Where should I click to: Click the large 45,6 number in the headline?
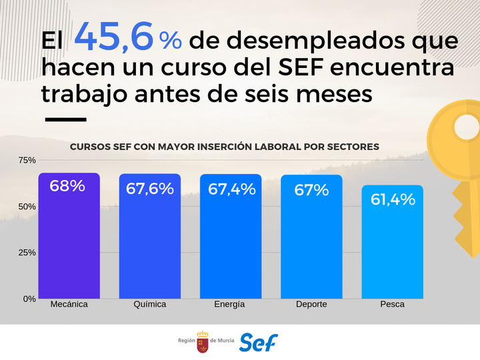[x=114, y=37]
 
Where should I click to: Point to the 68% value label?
[x=67, y=186]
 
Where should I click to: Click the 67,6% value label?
[x=150, y=189]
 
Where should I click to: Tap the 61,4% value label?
[x=392, y=199]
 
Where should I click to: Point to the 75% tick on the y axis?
[x=27, y=161]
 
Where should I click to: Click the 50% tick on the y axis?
[x=27, y=207]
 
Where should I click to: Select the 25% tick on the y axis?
[x=27, y=253]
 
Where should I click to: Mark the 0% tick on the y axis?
[x=29, y=299]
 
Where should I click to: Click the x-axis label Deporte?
[x=311, y=305]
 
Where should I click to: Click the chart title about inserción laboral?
[x=225, y=146]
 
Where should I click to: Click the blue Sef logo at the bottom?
[x=258, y=342]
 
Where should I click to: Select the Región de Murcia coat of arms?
[x=202, y=342]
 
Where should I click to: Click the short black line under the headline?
[x=65, y=120]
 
